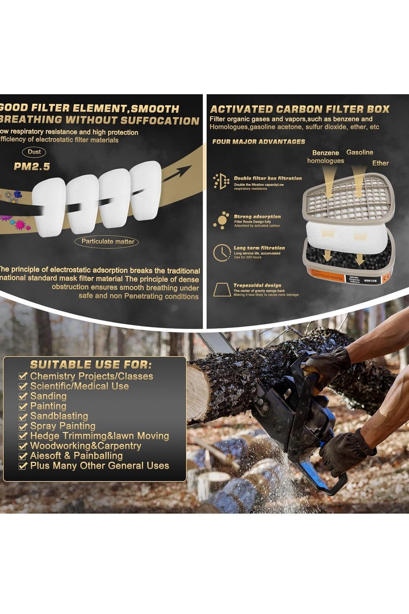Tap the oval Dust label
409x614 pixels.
tap(34, 152)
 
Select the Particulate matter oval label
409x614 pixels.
tap(106, 241)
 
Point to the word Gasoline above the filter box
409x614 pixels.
tap(360, 152)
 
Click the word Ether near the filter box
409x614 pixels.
tap(380, 163)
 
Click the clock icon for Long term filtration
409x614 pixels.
tap(221, 252)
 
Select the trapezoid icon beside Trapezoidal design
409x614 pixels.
tap(221, 289)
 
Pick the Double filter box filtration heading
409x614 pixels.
tap(267, 179)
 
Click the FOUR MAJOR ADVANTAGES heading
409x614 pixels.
tap(259, 142)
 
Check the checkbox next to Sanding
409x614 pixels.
tap(23, 396)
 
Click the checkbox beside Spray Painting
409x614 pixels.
tap(23, 426)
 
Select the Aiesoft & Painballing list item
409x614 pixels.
tap(76, 455)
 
